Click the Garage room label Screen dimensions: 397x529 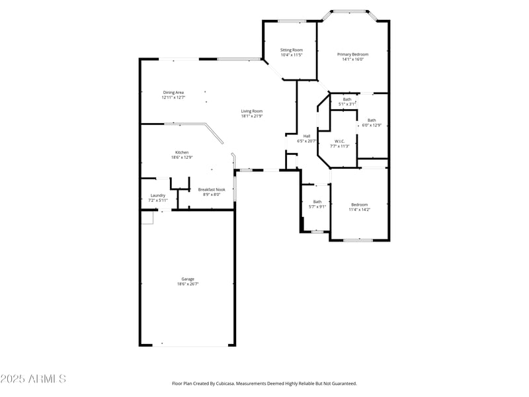(x=188, y=279)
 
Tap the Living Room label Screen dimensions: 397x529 (x=251, y=111)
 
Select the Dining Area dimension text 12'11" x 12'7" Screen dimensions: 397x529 (x=173, y=97)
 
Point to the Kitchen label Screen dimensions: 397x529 (x=181, y=152)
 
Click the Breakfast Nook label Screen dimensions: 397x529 (x=212, y=190)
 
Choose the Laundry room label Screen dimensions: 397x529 (x=157, y=195)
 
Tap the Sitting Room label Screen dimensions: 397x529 (x=291, y=50)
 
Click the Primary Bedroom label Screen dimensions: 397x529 (x=352, y=54)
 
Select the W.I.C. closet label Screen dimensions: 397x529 (x=339, y=141)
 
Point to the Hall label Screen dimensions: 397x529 (x=307, y=136)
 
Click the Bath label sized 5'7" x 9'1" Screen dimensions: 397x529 (x=317, y=202)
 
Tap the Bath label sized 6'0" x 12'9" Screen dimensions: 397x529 (x=372, y=120)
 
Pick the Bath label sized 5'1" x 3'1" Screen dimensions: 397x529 (x=347, y=99)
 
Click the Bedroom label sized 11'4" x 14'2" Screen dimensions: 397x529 (x=359, y=204)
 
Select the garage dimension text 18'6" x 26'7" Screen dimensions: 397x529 (x=188, y=285)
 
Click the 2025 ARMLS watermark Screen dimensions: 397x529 (x=33, y=379)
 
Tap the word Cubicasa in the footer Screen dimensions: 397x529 (x=241, y=383)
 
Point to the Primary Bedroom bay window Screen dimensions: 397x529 (x=349, y=11)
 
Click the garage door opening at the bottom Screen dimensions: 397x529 (x=188, y=345)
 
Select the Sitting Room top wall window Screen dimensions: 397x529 (x=291, y=21)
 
